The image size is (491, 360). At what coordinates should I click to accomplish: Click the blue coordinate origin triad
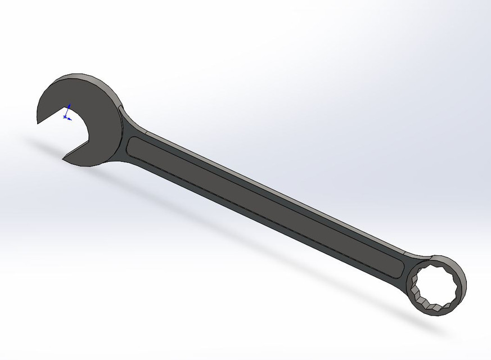point(66,115)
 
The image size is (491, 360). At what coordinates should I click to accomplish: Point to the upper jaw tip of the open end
point(39,121)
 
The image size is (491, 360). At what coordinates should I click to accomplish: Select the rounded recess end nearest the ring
point(400,269)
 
